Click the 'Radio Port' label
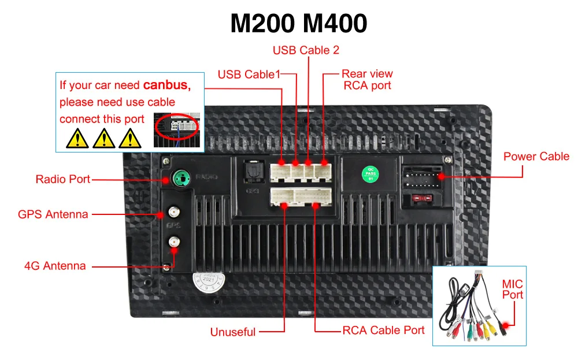(63, 179)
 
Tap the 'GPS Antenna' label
(53, 214)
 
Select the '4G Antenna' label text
(55, 266)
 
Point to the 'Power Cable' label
(536, 157)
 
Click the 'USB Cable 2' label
(306, 50)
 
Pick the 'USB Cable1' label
(248, 75)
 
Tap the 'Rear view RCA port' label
(367, 80)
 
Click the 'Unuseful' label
(233, 332)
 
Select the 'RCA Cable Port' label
(383, 331)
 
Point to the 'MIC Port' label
(512, 289)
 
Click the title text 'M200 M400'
(298, 24)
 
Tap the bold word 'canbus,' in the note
(167, 86)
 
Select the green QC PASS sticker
(368, 173)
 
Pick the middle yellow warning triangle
(103, 138)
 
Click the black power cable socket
(421, 177)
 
